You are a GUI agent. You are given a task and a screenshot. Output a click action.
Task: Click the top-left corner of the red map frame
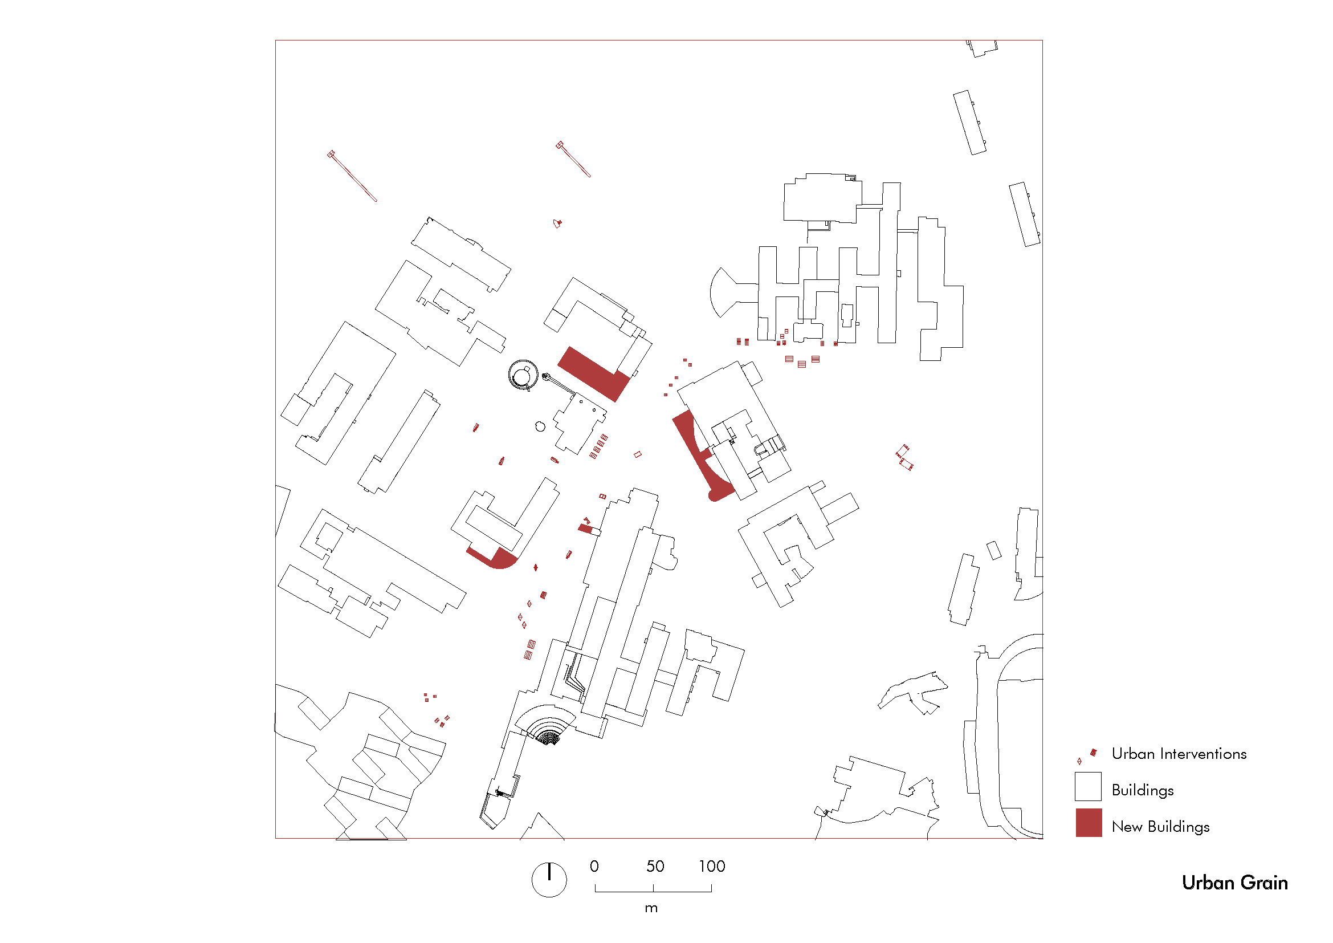click(x=275, y=40)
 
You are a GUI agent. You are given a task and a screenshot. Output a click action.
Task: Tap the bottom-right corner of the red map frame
click(x=1043, y=839)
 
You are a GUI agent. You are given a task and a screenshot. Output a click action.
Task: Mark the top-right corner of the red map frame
click(x=1043, y=40)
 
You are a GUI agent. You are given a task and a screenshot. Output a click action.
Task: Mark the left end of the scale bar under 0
click(x=595, y=892)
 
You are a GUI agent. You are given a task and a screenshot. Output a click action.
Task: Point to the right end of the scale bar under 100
click(x=711, y=892)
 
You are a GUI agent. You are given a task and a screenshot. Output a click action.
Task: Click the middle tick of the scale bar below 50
click(x=653, y=888)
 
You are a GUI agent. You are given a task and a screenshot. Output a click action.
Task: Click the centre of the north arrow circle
click(x=549, y=880)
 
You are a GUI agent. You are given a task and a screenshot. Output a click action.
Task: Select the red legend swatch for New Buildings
click(x=1089, y=823)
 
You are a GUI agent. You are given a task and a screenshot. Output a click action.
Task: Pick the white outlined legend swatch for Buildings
click(x=1088, y=786)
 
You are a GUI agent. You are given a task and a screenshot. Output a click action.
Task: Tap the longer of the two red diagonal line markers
click(x=353, y=177)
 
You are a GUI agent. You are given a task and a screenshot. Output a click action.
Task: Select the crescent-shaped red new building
click(x=699, y=457)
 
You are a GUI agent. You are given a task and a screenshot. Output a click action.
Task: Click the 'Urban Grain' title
click(x=1235, y=883)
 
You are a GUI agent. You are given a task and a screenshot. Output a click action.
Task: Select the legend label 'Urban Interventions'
click(x=1179, y=754)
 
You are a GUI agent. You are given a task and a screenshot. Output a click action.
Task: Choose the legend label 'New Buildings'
click(x=1160, y=827)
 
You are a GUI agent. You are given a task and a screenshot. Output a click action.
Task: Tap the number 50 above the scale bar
click(x=655, y=867)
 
